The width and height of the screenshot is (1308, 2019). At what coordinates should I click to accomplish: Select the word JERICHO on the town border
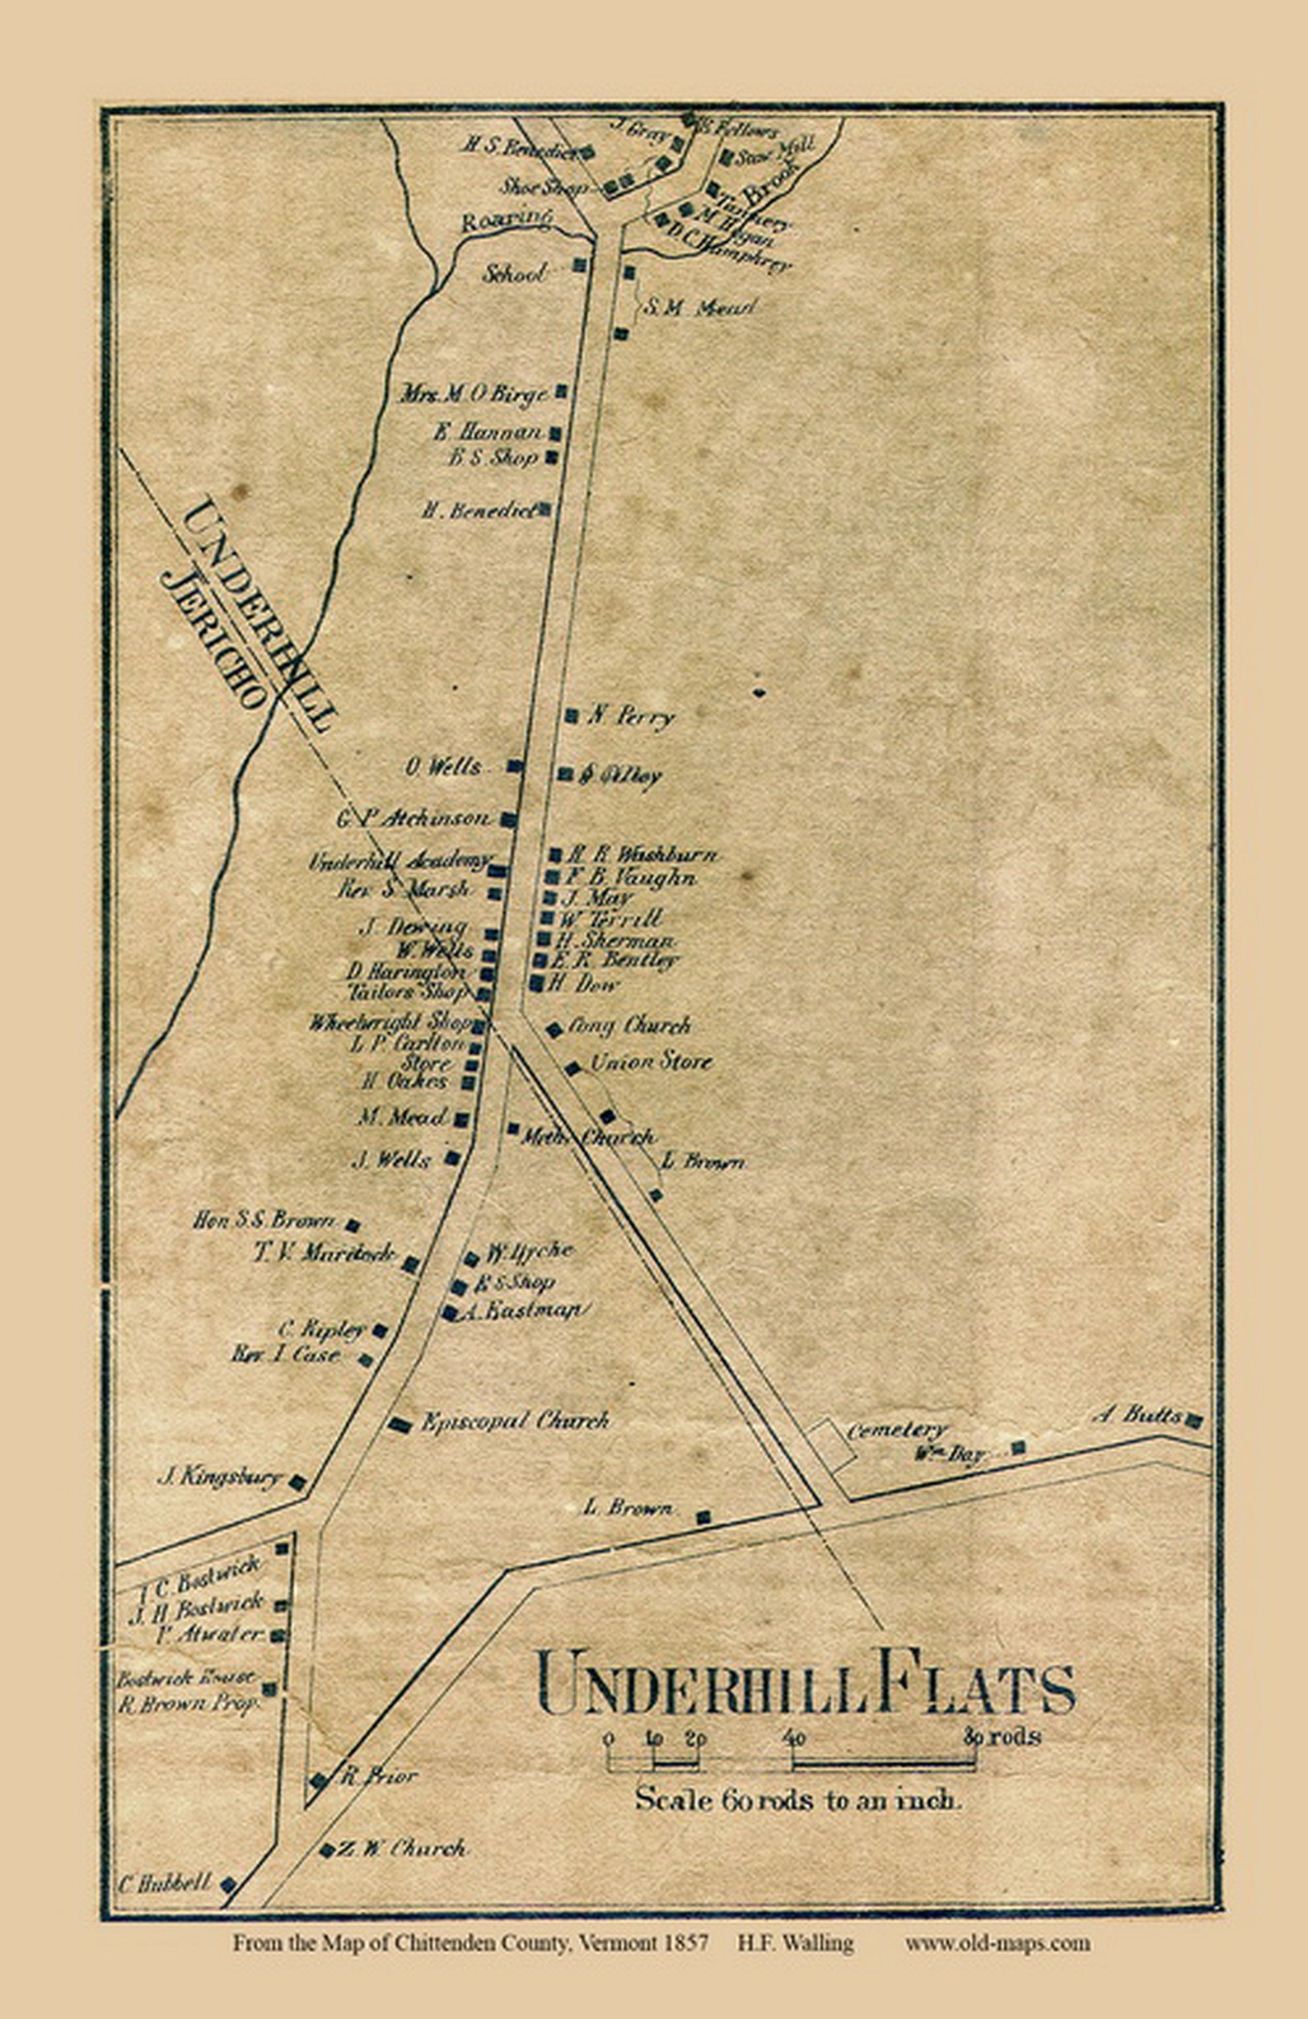coord(216,640)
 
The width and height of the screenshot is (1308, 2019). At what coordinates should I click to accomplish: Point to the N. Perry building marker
coord(572,715)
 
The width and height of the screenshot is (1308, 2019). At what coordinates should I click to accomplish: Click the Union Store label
coord(650,1061)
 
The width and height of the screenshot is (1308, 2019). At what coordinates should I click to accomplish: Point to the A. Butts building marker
coord(1194,1420)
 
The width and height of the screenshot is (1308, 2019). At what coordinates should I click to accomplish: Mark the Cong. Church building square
coord(554,1029)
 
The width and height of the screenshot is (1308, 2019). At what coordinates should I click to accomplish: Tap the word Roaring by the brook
coord(507,221)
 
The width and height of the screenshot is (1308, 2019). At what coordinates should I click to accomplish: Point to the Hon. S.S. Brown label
coord(264,1221)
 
